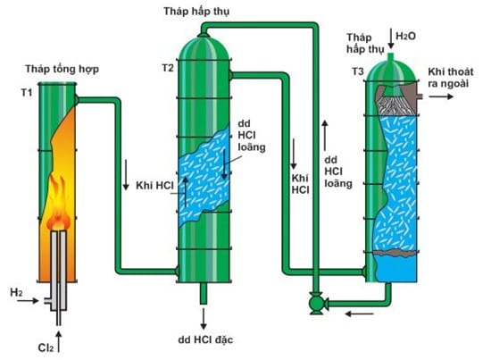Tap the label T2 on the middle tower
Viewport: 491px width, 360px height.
[168, 67]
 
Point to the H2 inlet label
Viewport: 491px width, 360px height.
[16, 292]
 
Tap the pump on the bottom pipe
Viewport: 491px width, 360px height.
[314, 304]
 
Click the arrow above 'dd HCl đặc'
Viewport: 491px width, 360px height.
[203, 317]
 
